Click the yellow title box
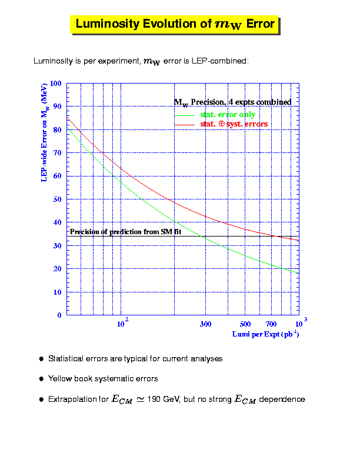pos(175,24)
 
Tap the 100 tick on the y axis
pos(56,84)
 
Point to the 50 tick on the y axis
pos(58,199)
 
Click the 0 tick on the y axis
pos(59,315)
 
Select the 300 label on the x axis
pos(205,324)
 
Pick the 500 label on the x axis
pos(246,324)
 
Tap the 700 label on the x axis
pos(271,324)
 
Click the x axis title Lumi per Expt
pos(265,335)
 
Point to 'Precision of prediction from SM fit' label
pos(125,232)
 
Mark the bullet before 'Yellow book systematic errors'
pos(41,379)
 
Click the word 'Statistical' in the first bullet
pos(66,358)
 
